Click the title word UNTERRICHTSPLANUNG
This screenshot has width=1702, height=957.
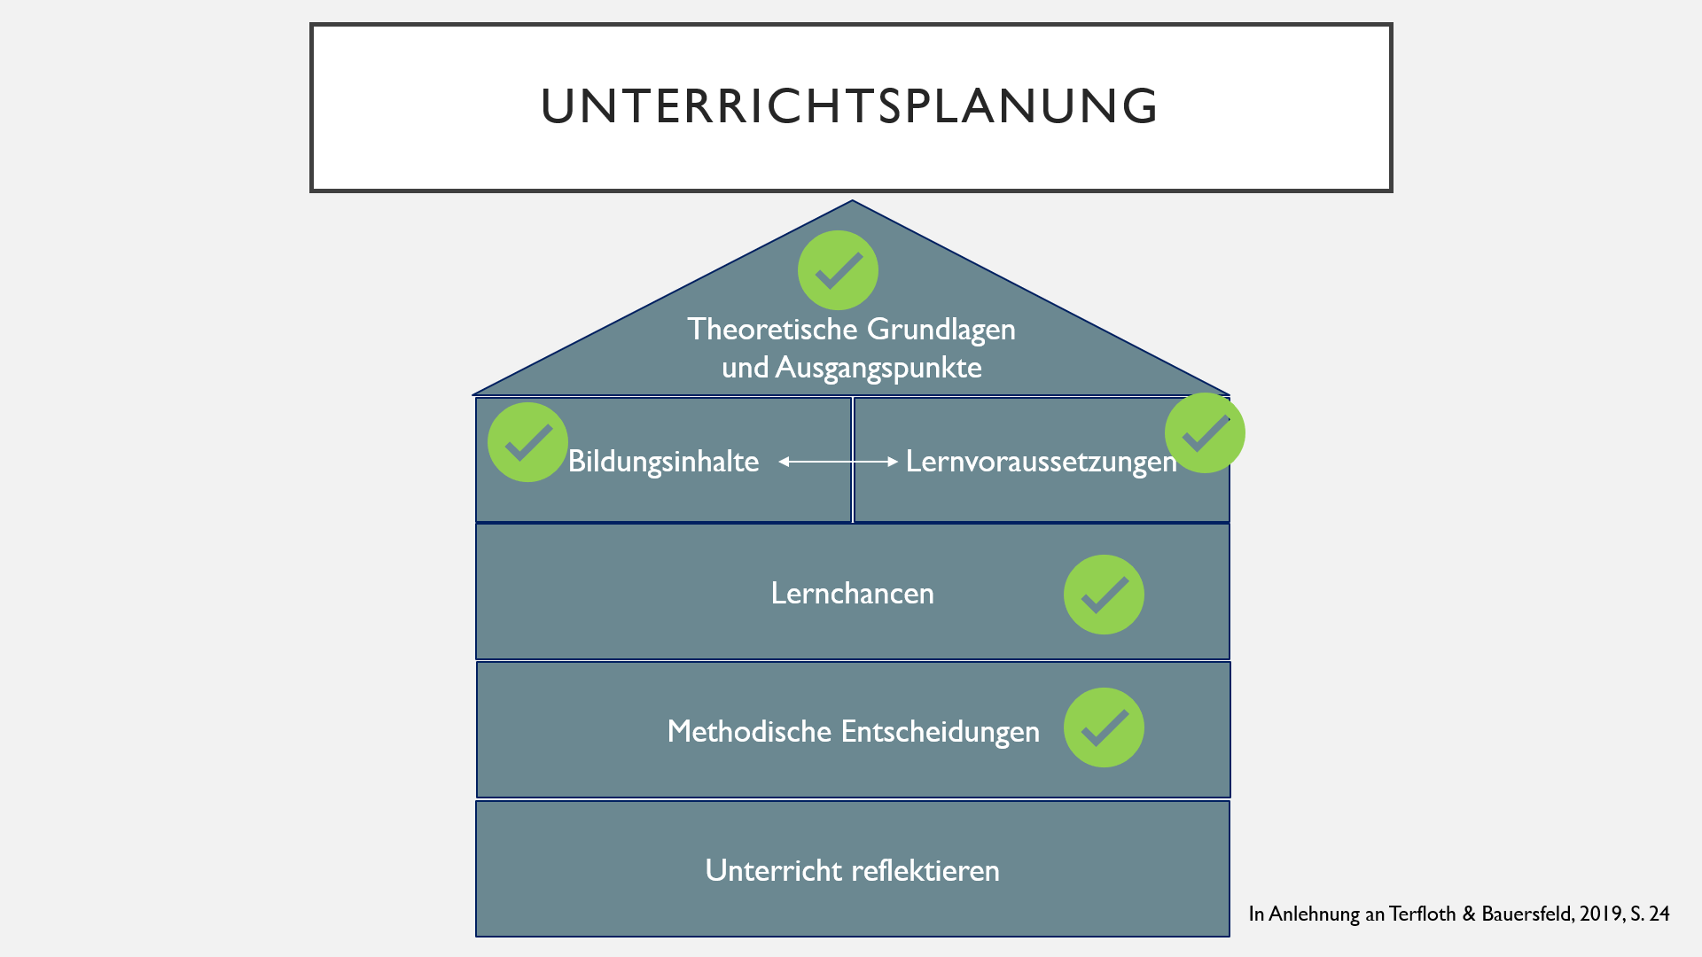click(849, 106)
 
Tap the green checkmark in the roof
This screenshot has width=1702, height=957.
click(838, 270)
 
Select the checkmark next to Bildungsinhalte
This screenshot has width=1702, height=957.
click(527, 442)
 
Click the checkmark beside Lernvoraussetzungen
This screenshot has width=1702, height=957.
click(1205, 432)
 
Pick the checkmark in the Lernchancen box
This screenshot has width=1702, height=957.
click(1104, 595)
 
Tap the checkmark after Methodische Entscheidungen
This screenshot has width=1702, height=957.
click(1104, 727)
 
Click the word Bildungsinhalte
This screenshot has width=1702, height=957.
click(663, 462)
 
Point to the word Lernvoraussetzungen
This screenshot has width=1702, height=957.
click(1042, 462)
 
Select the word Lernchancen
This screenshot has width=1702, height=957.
click(852, 594)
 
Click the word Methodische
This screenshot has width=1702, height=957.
click(749, 732)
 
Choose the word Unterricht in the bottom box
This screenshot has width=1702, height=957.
click(773, 870)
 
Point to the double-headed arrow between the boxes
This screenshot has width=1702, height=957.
click(839, 462)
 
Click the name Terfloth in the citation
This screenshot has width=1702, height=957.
click(1422, 914)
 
